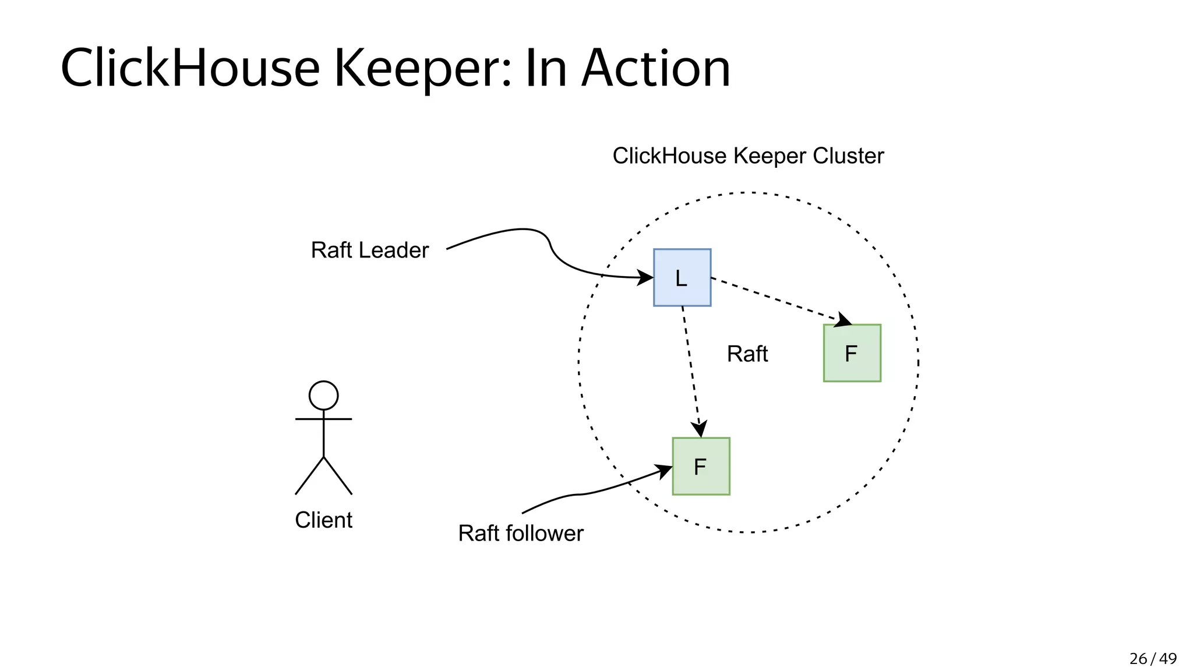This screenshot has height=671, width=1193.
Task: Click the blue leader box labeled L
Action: [x=682, y=277]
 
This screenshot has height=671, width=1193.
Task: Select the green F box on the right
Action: [x=852, y=353]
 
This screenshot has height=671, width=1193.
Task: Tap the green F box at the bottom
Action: [x=701, y=466]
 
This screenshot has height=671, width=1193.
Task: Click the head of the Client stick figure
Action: [x=323, y=395]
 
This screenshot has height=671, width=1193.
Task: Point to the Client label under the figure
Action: [x=323, y=520]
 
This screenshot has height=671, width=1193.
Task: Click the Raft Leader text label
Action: [x=369, y=250]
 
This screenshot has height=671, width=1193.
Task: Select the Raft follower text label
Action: [x=520, y=533]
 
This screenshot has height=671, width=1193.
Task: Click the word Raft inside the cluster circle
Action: [x=747, y=354]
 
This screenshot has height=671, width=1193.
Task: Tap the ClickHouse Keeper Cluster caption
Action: [x=748, y=156]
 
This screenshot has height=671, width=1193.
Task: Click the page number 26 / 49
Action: [x=1152, y=658]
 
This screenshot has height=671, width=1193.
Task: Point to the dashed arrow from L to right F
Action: [x=775, y=299]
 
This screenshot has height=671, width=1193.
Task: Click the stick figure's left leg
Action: [x=309, y=476]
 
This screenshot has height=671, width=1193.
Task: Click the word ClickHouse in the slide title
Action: [x=190, y=68]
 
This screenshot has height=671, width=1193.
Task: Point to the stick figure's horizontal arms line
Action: [x=323, y=419]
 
